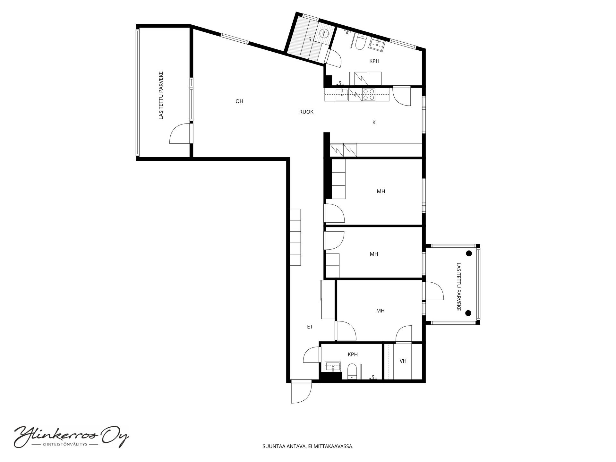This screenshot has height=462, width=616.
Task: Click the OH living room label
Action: click(239, 101)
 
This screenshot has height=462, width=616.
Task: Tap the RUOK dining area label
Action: click(306, 112)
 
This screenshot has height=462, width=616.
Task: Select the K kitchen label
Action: click(374, 122)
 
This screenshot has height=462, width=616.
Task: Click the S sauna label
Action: click(310, 39)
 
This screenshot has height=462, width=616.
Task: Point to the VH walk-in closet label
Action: click(403, 361)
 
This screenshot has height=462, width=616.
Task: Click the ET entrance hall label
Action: click(310, 327)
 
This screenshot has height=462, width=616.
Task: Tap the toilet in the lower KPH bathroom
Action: click(352, 372)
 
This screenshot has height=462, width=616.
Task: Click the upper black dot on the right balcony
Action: click(469, 253)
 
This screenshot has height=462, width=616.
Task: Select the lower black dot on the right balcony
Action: click(468, 313)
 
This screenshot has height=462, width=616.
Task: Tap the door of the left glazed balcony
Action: click(180, 134)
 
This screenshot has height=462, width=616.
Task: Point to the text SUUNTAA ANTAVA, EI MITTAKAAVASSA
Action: click(308, 446)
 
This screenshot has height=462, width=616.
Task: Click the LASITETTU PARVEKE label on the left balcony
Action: click(161, 95)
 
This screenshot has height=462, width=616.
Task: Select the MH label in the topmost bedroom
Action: click(381, 191)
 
